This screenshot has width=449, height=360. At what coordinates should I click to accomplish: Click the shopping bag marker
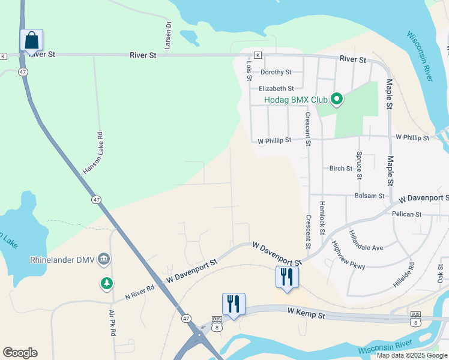point(31,41)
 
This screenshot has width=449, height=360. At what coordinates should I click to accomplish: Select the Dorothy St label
point(276,72)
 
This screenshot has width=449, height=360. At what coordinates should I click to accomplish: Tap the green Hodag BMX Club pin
point(337,99)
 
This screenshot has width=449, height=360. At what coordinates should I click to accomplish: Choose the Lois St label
point(249,70)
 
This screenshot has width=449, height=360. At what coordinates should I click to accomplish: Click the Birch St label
point(340,169)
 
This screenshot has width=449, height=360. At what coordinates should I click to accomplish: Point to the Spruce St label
point(360,165)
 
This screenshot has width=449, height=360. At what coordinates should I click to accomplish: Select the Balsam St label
point(369,196)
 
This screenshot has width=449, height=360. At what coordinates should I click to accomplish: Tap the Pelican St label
point(406,214)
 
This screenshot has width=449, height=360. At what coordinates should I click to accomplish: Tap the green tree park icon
point(107,283)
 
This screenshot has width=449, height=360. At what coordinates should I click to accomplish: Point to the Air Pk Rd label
point(112,323)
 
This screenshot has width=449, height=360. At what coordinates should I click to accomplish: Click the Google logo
point(20,353)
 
